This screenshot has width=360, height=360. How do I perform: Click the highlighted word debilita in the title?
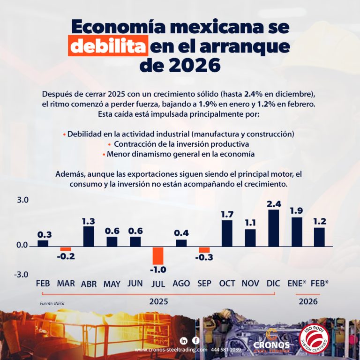(108, 47)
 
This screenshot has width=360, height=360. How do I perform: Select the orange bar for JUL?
(158, 255)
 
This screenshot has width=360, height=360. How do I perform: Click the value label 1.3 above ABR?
(89, 221)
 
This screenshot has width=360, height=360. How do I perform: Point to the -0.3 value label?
(204, 257)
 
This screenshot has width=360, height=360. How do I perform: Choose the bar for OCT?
(227, 233)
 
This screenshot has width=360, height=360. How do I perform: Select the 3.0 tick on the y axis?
(22, 200)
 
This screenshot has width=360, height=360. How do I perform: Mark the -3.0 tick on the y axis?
(22, 274)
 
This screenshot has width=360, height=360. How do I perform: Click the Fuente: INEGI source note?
(52, 303)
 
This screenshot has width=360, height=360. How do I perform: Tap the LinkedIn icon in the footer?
(183, 340)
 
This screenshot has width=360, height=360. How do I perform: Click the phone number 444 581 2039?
(226, 350)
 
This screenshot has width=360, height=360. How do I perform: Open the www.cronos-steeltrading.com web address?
(171, 350)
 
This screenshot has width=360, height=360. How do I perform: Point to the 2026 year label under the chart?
(308, 301)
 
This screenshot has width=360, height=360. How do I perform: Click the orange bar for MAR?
(66, 249)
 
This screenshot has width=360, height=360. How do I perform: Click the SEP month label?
(204, 283)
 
